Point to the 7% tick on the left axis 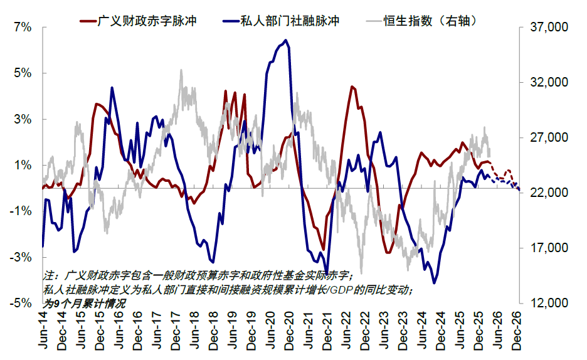tap(22, 28)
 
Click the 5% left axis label tap(22, 73)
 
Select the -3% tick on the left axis tap(21, 257)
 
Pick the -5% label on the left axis tap(21, 303)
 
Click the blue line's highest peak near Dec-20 tap(286, 41)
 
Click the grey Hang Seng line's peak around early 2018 tap(181, 71)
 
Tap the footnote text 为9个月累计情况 tap(84, 302)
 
